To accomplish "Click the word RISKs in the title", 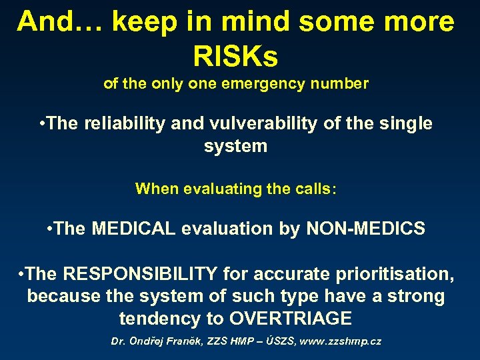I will pyautogui.click(x=235, y=55).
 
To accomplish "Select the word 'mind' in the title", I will pyautogui.click(x=252, y=22).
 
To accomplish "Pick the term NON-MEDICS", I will pyautogui.click(x=365, y=229).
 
